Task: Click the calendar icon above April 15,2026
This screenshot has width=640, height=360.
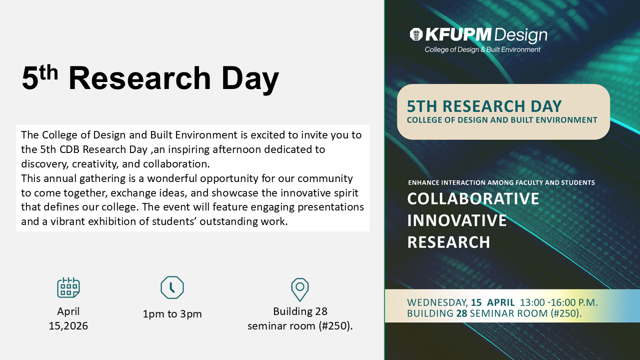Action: (68, 287)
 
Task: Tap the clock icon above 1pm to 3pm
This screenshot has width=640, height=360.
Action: (172, 287)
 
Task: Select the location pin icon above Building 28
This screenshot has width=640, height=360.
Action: (300, 289)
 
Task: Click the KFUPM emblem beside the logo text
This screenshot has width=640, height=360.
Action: (416, 34)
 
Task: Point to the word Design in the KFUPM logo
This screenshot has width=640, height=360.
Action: (520, 35)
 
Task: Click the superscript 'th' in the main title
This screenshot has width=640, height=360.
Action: (49, 72)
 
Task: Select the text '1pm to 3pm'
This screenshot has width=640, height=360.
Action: (172, 314)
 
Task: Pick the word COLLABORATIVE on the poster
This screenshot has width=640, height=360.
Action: (473, 198)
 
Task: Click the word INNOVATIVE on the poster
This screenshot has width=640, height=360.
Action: (457, 220)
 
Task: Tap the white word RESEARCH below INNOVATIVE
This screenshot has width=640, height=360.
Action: (448, 242)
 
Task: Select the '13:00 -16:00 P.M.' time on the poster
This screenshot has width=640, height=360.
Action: (559, 302)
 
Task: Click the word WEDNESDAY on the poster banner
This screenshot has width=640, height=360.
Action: (437, 302)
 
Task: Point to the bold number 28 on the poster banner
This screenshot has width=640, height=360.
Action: (461, 313)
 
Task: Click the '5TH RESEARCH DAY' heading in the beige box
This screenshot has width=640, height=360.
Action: (484, 106)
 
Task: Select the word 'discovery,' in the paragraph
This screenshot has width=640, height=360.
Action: (45, 164)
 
